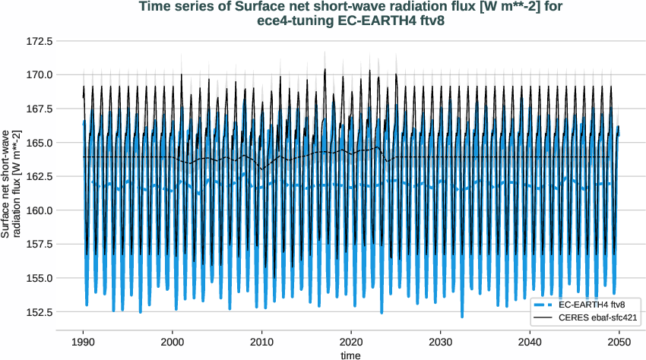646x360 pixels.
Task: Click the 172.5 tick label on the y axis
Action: (39, 40)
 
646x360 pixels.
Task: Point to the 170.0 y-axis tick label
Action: (39, 74)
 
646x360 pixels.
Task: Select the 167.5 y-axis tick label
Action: (39, 109)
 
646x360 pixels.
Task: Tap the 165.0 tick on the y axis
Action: (39, 143)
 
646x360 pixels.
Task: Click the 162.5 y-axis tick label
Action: (39, 176)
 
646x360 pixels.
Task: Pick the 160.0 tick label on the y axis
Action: (39, 210)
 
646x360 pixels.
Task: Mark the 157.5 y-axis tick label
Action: (39, 245)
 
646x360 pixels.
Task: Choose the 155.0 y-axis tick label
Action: (39, 278)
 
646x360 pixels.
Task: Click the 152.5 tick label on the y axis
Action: (39, 312)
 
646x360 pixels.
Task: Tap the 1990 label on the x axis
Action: (83, 342)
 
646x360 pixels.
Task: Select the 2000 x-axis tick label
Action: (173, 342)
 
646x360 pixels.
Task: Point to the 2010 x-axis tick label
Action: (261, 342)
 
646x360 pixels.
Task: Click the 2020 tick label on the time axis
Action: (351, 342)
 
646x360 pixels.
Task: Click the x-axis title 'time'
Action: (350, 354)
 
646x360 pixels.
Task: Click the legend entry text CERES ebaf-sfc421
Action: (597, 317)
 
